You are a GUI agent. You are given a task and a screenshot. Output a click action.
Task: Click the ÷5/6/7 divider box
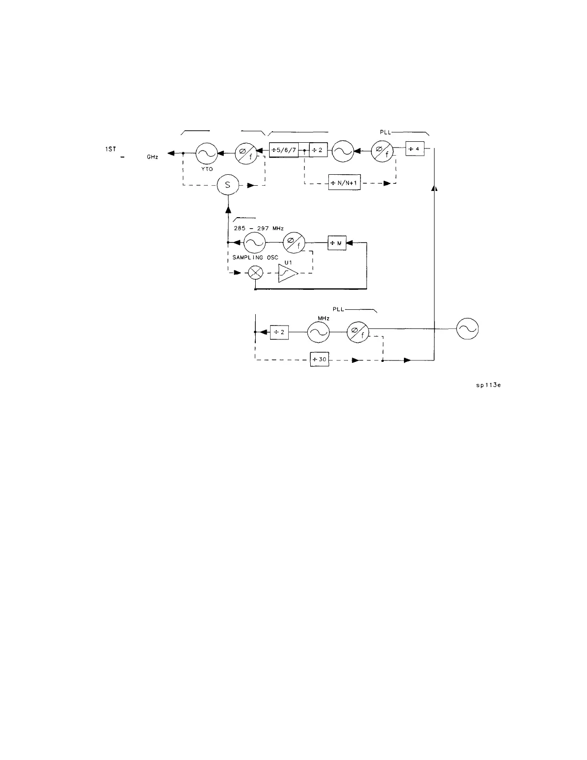pos(284,150)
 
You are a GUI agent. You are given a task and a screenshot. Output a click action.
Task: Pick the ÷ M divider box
pos(337,243)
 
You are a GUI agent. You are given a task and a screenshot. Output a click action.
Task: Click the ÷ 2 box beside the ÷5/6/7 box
pos(318,150)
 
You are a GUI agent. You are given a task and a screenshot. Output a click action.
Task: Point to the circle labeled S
pos(228,185)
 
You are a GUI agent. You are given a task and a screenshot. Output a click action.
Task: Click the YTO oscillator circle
pos(207,153)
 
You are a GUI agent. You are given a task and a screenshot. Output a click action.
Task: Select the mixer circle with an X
pos(257,273)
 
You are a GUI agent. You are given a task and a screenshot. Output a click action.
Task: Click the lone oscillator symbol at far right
pos(467,330)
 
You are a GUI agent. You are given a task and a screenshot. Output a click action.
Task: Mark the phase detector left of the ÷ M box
pos(293,243)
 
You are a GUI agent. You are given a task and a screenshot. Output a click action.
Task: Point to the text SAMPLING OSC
pos(255,258)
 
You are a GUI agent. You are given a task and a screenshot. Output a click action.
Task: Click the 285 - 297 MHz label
pos(259,228)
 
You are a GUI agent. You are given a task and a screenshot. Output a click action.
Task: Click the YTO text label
pos(207,169)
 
